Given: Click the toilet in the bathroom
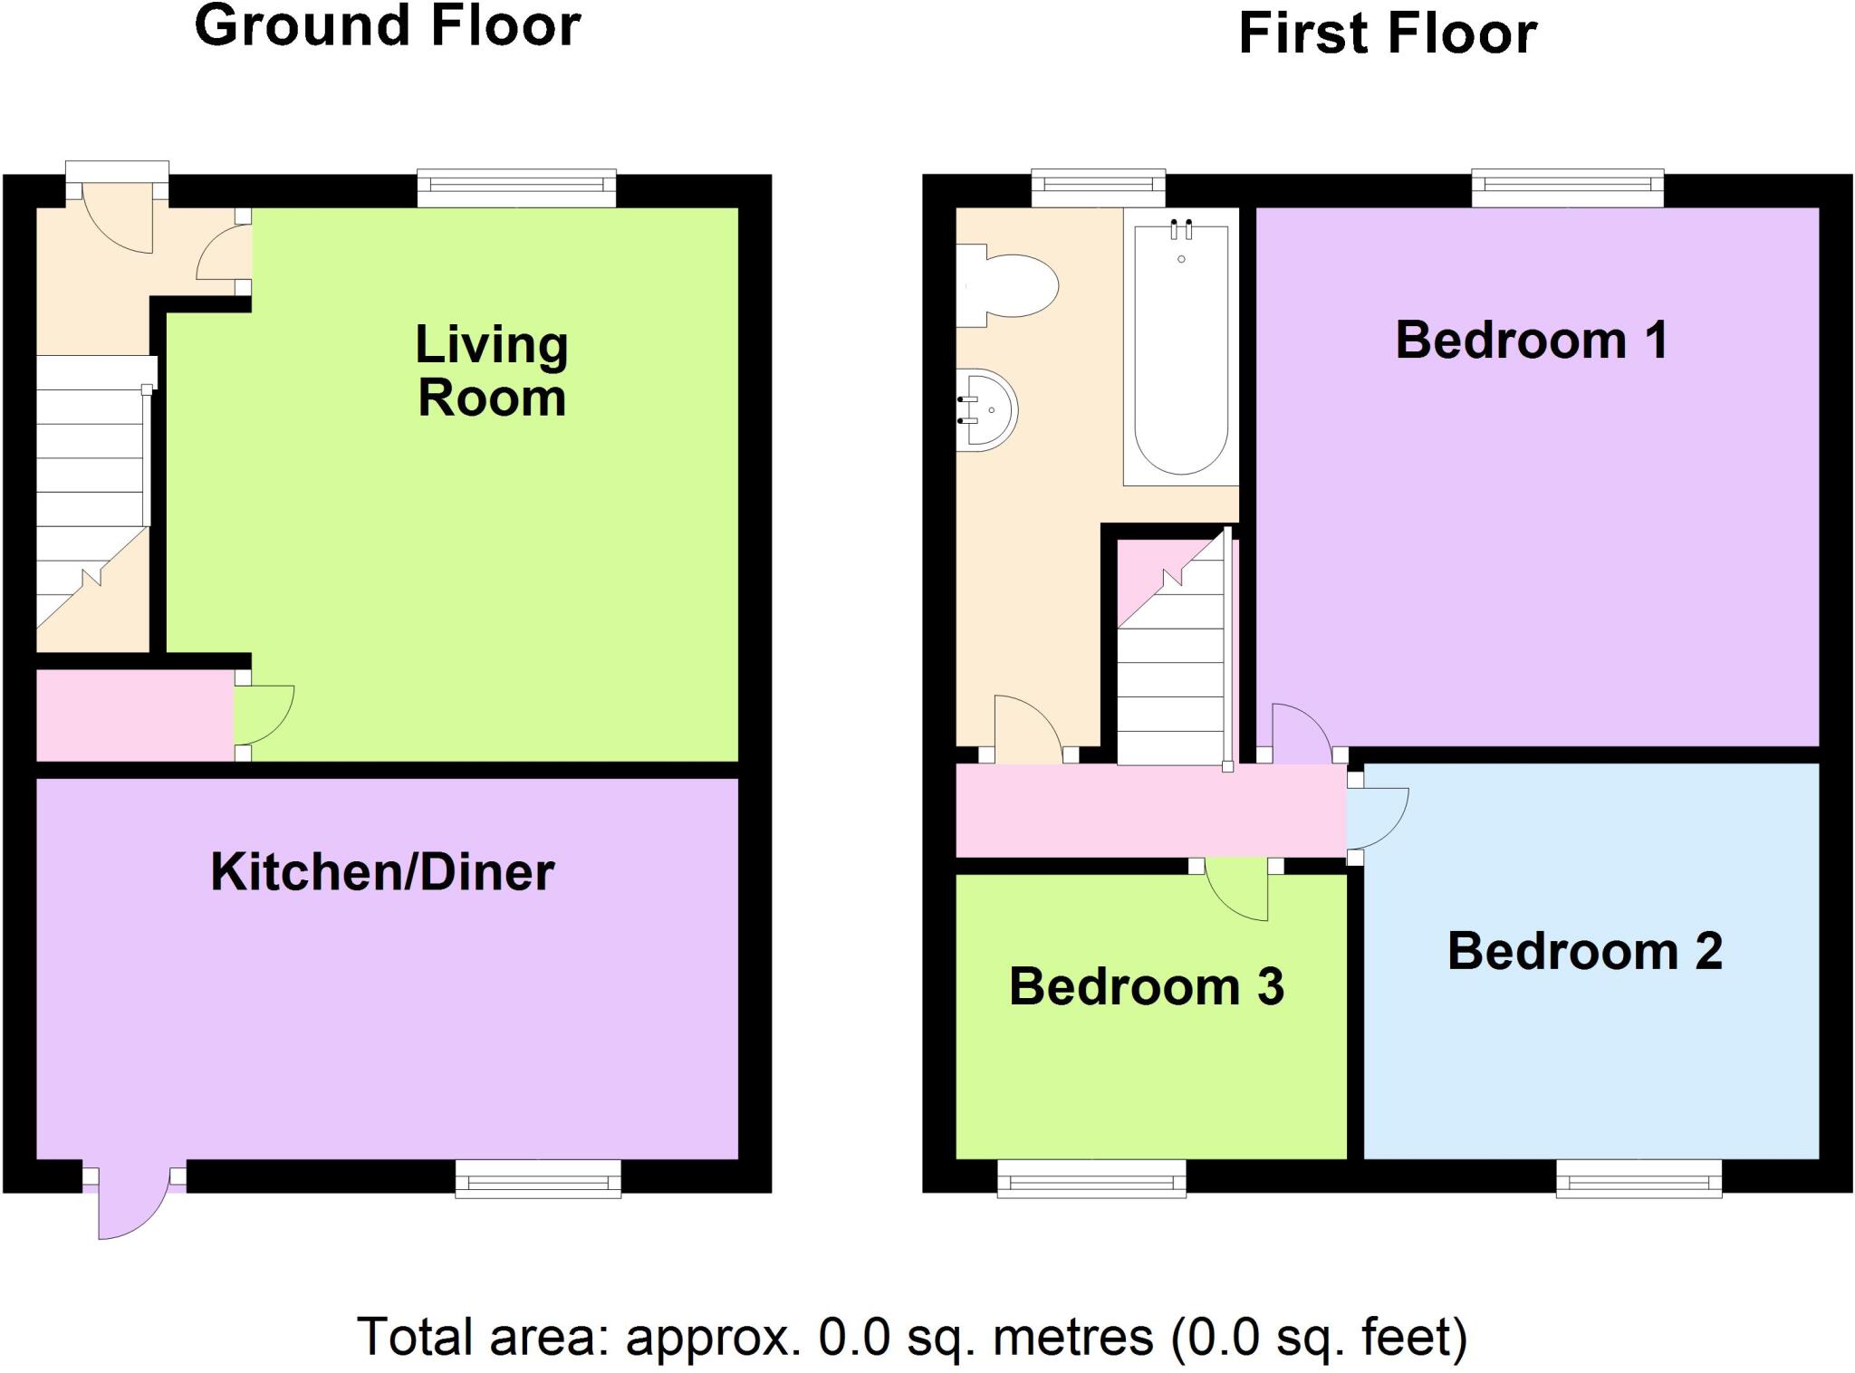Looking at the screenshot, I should [1010, 286].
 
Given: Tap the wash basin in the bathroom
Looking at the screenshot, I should [989, 410].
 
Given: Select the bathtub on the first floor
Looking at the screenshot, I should [1180, 349].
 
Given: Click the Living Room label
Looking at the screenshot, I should [492, 371].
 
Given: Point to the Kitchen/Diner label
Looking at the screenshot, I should [382, 872].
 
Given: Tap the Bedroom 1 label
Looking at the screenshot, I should [1531, 341].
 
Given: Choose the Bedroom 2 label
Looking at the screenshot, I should [1584, 951].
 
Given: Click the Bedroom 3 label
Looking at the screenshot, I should [1146, 986].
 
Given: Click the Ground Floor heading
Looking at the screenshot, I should [388, 26].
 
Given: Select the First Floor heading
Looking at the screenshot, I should [1387, 34].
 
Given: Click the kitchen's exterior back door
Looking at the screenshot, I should [131, 1203].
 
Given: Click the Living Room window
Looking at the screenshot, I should [516, 188].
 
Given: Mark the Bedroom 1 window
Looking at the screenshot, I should [1567, 188].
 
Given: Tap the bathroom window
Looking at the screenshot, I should [1098, 188].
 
